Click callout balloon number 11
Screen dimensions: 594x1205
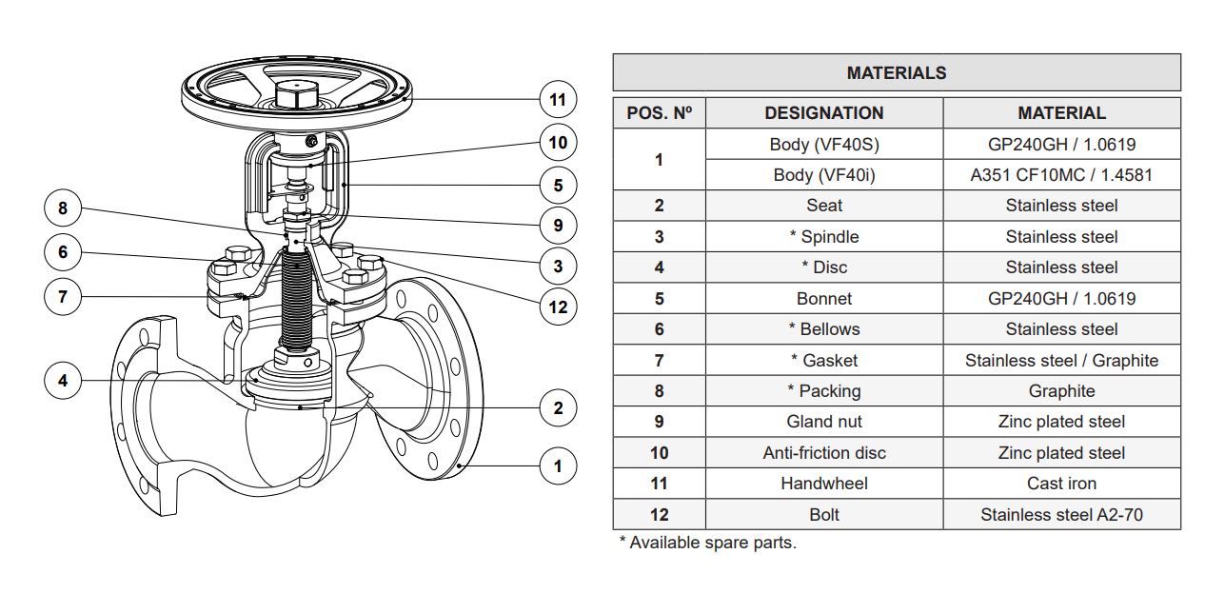click(558, 99)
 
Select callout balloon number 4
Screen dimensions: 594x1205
click(63, 381)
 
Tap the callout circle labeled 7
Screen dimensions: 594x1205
click(63, 296)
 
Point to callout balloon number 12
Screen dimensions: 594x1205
click(558, 307)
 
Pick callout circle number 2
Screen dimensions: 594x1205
click(558, 408)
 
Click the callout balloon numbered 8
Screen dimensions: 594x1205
click(63, 208)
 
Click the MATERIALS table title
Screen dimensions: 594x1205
click(896, 72)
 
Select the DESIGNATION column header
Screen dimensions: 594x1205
click(823, 113)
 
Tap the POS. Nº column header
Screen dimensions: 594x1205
click(659, 113)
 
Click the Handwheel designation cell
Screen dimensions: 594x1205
click(823, 484)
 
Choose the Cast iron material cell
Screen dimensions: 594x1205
click(1061, 484)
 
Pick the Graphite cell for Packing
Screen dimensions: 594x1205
click(1061, 391)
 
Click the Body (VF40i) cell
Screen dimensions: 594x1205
click(823, 175)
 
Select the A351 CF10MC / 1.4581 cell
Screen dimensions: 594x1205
click(1061, 175)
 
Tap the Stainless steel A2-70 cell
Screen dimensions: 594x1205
click(1061, 515)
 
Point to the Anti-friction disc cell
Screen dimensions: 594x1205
click(823, 453)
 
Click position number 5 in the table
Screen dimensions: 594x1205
click(659, 299)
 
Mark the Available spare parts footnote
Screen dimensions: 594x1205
click(707, 543)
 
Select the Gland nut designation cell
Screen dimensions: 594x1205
click(823, 422)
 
